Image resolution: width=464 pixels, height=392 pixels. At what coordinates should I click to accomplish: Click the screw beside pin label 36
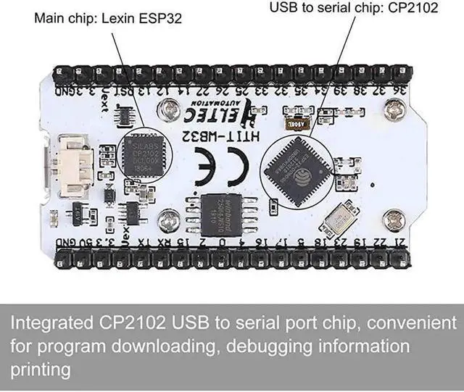coord(396,110)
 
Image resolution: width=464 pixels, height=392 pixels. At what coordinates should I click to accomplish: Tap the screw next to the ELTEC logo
coord(170,109)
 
